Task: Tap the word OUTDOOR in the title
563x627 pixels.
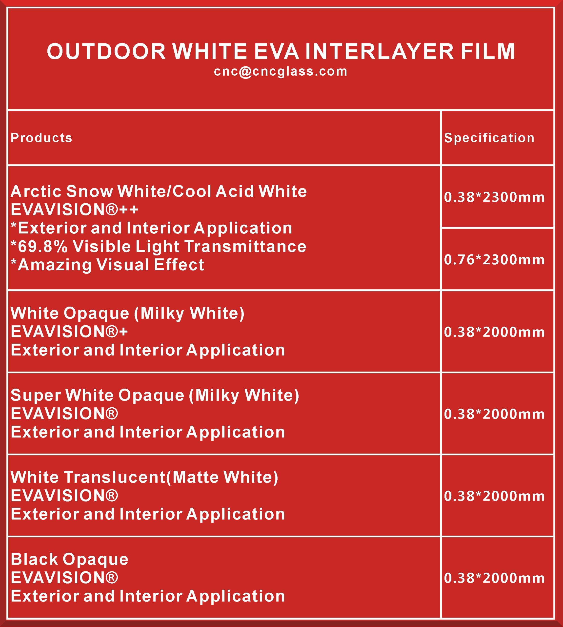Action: (x=106, y=51)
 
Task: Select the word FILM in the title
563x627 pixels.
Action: (x=488, y=51)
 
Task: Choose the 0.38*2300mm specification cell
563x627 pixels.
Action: (x=494, y=197)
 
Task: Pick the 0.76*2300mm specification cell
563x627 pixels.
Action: (x=494, y=259)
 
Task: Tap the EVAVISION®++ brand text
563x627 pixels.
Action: (x=75, y=209)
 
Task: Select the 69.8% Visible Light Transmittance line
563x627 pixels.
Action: (x=158, y=247)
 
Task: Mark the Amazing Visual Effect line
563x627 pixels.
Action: (x=107, y=265)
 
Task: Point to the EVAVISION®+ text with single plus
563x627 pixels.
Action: (x=69, y=332)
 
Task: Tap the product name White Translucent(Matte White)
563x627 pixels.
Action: (x=144, y=477)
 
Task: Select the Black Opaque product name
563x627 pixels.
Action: (x=70, y=560)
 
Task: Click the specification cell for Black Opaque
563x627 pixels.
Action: (x=494, y=578)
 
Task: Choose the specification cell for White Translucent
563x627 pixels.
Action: (x=494, y=496)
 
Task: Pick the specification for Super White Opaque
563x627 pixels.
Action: (x=494, y=414)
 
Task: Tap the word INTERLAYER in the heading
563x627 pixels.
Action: (x=380, y=51)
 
